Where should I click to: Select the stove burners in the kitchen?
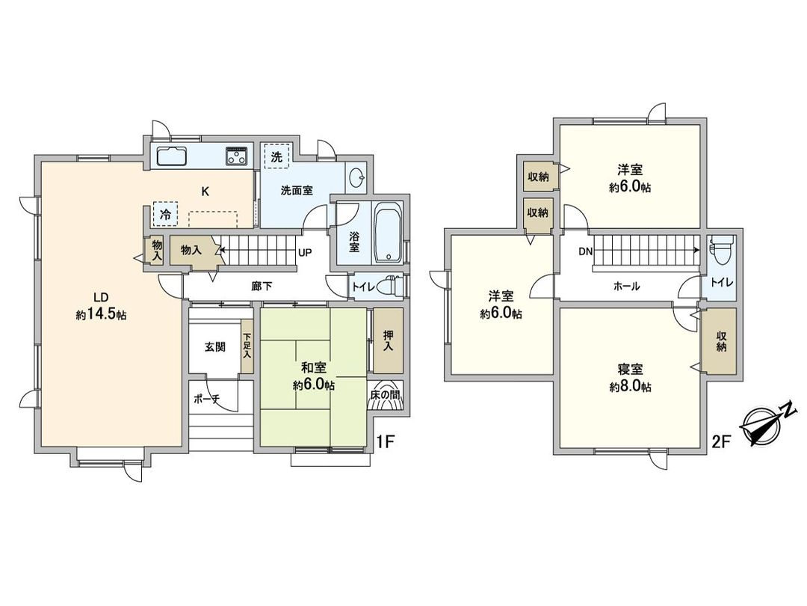tap(238, 156)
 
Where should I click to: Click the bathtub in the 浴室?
tap(388, 233)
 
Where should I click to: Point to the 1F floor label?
tap(385, 441)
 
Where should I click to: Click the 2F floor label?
tap(720, 441)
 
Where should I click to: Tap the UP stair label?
tap(304, 252)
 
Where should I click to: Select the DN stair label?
tap(584, 251)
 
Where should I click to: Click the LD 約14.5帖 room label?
tap(101, 306)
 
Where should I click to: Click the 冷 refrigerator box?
tap(165, 214)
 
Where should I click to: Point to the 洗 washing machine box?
tap(276, 158)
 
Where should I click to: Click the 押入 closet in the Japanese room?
tap(387, 342)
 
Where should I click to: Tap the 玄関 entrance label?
tap(216, 347)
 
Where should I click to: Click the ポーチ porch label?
tap(205, 399)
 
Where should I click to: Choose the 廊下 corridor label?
tap(261, 285)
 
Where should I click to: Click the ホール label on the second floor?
tap(626, 286)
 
